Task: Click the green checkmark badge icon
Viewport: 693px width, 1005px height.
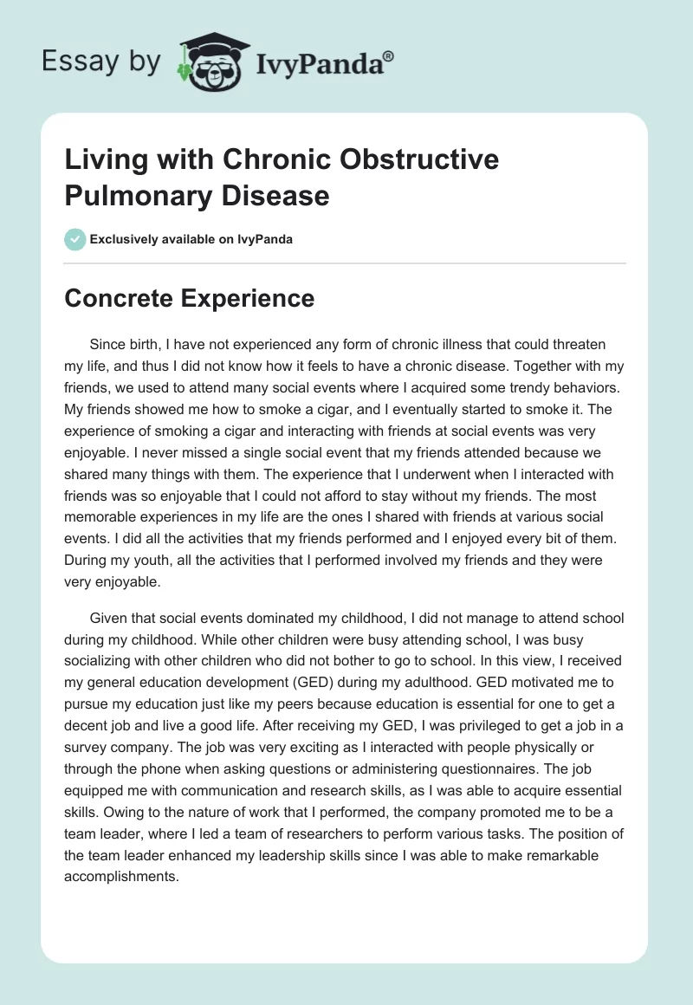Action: (x=75, y=239)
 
